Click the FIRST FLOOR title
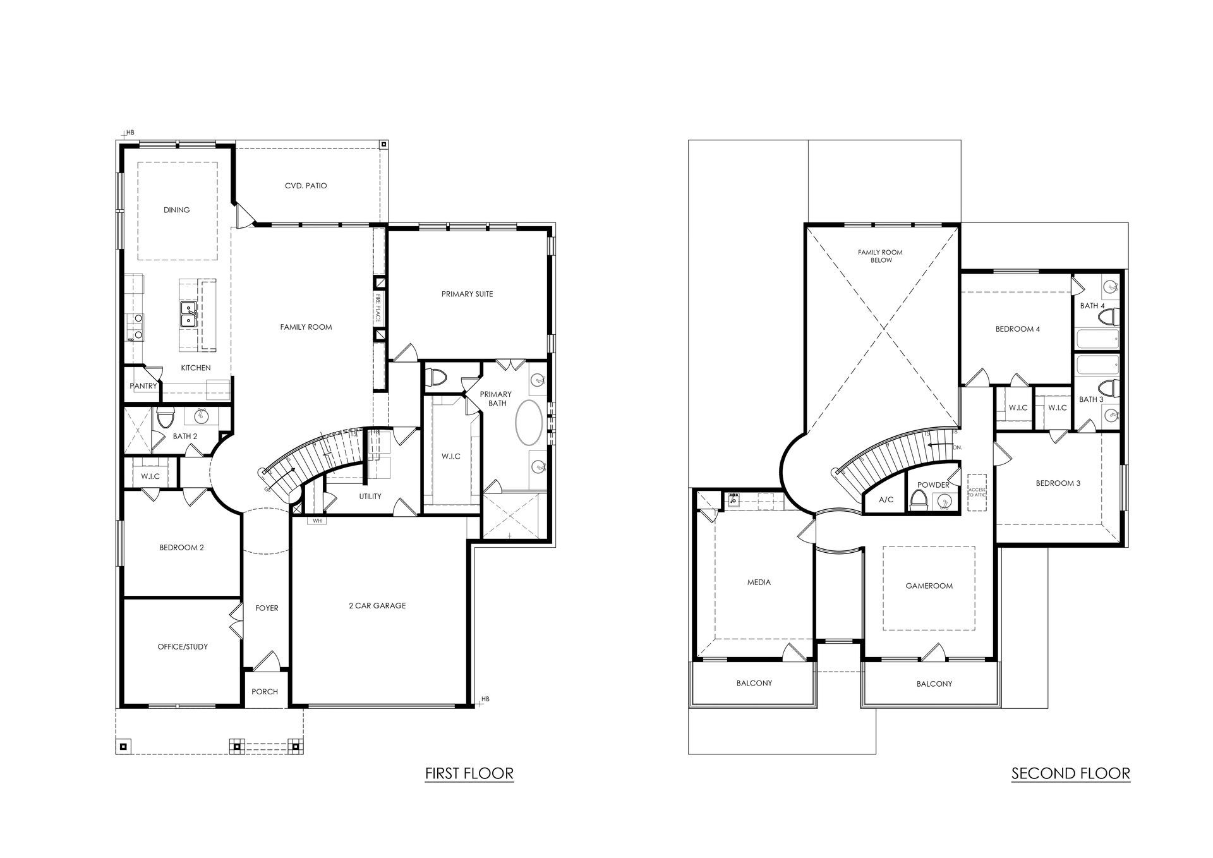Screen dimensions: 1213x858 click(469, 773)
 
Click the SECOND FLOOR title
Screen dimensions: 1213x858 click(1071, 773)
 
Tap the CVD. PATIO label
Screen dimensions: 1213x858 click(306, 186)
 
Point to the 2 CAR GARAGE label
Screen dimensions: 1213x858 click(377, 606)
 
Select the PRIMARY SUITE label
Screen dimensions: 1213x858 click(467, 294)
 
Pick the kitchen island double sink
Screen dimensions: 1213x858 click(188, 314)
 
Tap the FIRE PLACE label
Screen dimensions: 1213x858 click(378, 308)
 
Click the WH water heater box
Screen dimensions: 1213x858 click(317, 521)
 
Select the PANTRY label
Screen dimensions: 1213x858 click(143, 386)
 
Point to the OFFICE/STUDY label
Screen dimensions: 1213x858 click(183, 647)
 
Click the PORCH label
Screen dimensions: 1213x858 click(265, 692)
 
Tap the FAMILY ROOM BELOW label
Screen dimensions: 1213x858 click(880, 257)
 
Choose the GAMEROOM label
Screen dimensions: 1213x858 click(929, 586)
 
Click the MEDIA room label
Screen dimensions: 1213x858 click(759, 583)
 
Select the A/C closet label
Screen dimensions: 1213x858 click(886, 500)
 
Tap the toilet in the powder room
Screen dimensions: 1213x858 click(919, 500)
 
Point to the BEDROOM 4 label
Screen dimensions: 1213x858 click(1018, 329)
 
